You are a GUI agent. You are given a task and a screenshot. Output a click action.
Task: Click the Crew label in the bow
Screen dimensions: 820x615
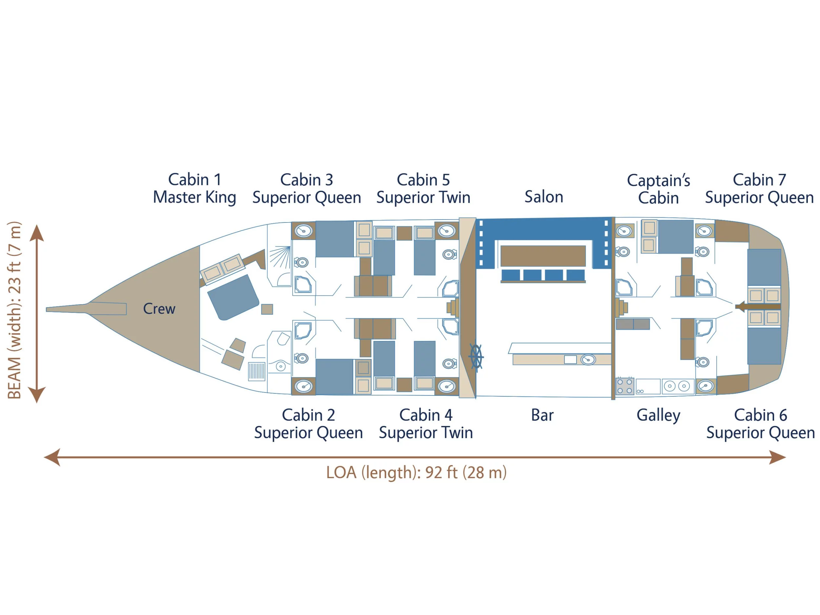click(159, 308)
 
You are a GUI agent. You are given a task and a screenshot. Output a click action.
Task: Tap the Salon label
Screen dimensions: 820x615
click(544, 197)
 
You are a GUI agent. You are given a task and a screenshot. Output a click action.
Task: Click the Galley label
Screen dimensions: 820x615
click(658, 415)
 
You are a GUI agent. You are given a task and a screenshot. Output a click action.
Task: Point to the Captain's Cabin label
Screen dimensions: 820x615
click(658, 189)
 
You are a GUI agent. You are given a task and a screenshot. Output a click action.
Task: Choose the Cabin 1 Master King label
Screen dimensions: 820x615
click(195, 188)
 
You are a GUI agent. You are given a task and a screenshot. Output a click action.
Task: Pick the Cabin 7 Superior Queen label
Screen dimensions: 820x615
click(759, 189)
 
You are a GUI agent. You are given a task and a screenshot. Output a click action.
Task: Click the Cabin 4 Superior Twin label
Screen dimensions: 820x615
click(426, 424)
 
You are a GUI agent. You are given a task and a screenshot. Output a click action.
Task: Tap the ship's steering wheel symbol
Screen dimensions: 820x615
click(476, 356)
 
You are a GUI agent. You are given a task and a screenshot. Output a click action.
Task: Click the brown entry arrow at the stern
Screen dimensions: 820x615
click(758, 307)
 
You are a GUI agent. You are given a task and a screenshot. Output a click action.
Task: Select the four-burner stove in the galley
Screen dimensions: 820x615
click(625, 386)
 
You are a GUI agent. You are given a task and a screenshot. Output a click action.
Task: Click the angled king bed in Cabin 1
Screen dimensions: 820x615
click(233, 297)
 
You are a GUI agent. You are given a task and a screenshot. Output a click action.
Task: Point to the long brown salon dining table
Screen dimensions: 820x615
click(543, 256)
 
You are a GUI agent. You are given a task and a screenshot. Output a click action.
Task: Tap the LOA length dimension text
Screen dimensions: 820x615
click(416, 473)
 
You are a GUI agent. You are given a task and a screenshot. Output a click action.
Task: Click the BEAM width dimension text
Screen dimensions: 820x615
click(14, 310)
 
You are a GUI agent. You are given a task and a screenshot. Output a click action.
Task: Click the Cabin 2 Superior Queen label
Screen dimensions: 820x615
click(308, 424)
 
